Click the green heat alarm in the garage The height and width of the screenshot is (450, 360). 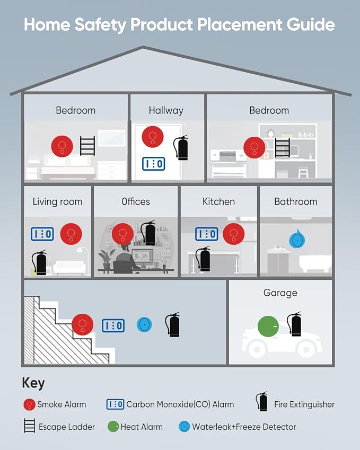click(268, 327)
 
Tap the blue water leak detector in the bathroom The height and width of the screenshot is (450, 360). click(297, 240)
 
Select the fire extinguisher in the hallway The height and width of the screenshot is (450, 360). click(181, 147)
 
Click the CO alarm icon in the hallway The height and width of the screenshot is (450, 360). click(154, 164)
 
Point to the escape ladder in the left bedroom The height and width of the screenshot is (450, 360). click(87, 146)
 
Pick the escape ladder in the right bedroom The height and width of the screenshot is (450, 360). click(283, 147)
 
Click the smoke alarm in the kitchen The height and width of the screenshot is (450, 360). click(234, 234)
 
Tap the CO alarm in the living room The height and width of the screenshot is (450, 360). click(42, 234)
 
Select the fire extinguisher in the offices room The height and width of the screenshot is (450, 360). click(148, 233)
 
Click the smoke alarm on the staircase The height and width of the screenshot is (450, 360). click(82, 324)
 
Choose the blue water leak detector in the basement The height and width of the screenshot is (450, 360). click(144, 324)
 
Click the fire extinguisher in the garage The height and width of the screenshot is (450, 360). click(295, 324)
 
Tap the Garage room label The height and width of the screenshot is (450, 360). click(280, 293)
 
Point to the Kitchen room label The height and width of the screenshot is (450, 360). click(219, 201)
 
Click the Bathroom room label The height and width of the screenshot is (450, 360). click(296, 201)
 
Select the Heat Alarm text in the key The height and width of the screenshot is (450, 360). click(142, 427)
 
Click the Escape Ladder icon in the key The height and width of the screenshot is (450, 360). click(30, 426)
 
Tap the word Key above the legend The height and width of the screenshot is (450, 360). click(33, 383)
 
